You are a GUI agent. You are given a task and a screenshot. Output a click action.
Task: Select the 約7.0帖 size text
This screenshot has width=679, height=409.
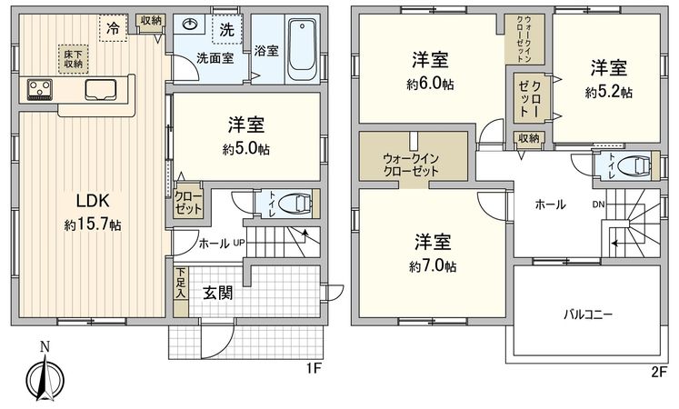pos(432,266)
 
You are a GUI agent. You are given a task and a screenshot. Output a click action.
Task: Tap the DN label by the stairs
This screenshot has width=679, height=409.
pos(599,204)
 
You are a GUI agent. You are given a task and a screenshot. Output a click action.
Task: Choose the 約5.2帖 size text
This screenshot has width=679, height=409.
pos(609,92)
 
